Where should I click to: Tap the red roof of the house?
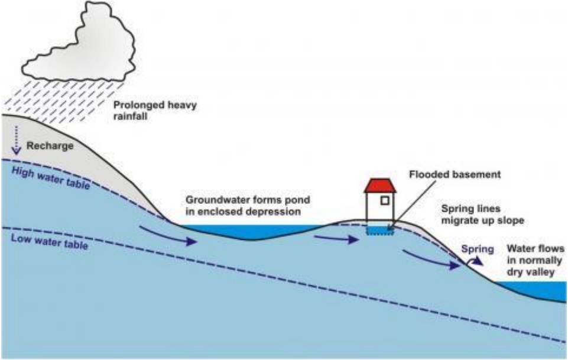[x=379, y=185]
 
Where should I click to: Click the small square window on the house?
[x=385, y=200]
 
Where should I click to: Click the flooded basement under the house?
[x=379, y=230]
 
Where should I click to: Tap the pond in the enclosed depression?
[x=248, y=231]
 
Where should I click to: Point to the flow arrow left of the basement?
[x=336, y=238]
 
